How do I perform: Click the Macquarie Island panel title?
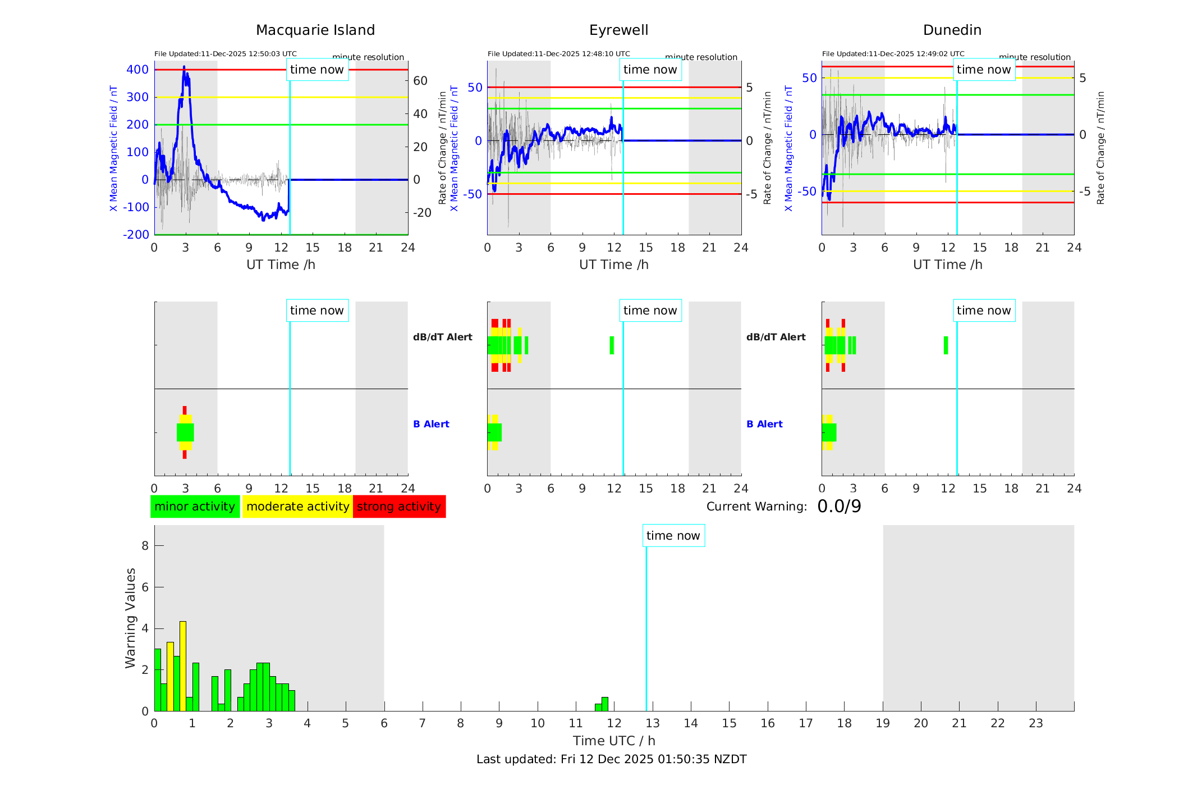(x=315, y=30)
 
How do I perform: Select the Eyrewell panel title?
(x=618, y=30)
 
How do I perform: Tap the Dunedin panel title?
(x=952, y=30)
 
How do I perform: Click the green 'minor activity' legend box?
(x=195, y=507)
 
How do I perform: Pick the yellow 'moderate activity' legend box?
(x=297, y=507)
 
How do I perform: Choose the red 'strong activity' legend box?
(x=399, y=507)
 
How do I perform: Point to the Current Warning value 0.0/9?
(x=839, y=507)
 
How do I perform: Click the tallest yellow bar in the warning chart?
(x=183, y=665)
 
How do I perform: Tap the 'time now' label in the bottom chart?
(x=673, y=536)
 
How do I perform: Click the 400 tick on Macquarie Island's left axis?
(x=137, y=70)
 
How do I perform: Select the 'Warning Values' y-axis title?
(x=131, y=618)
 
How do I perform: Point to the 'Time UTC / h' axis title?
(x=614, y=741)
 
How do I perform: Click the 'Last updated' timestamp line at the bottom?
(x=611, y=759)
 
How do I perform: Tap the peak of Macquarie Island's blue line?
(x=184, y=67)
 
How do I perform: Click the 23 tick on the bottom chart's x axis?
(x=1035, y=723)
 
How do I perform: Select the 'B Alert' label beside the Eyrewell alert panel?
(x=431, y=424)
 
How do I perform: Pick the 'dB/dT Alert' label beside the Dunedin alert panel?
(x=776, y=337)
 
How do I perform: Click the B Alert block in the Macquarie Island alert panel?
(x=185, y=432)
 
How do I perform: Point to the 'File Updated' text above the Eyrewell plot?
(x=558, y=54)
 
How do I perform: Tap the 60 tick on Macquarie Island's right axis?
(x=420, y=81)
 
